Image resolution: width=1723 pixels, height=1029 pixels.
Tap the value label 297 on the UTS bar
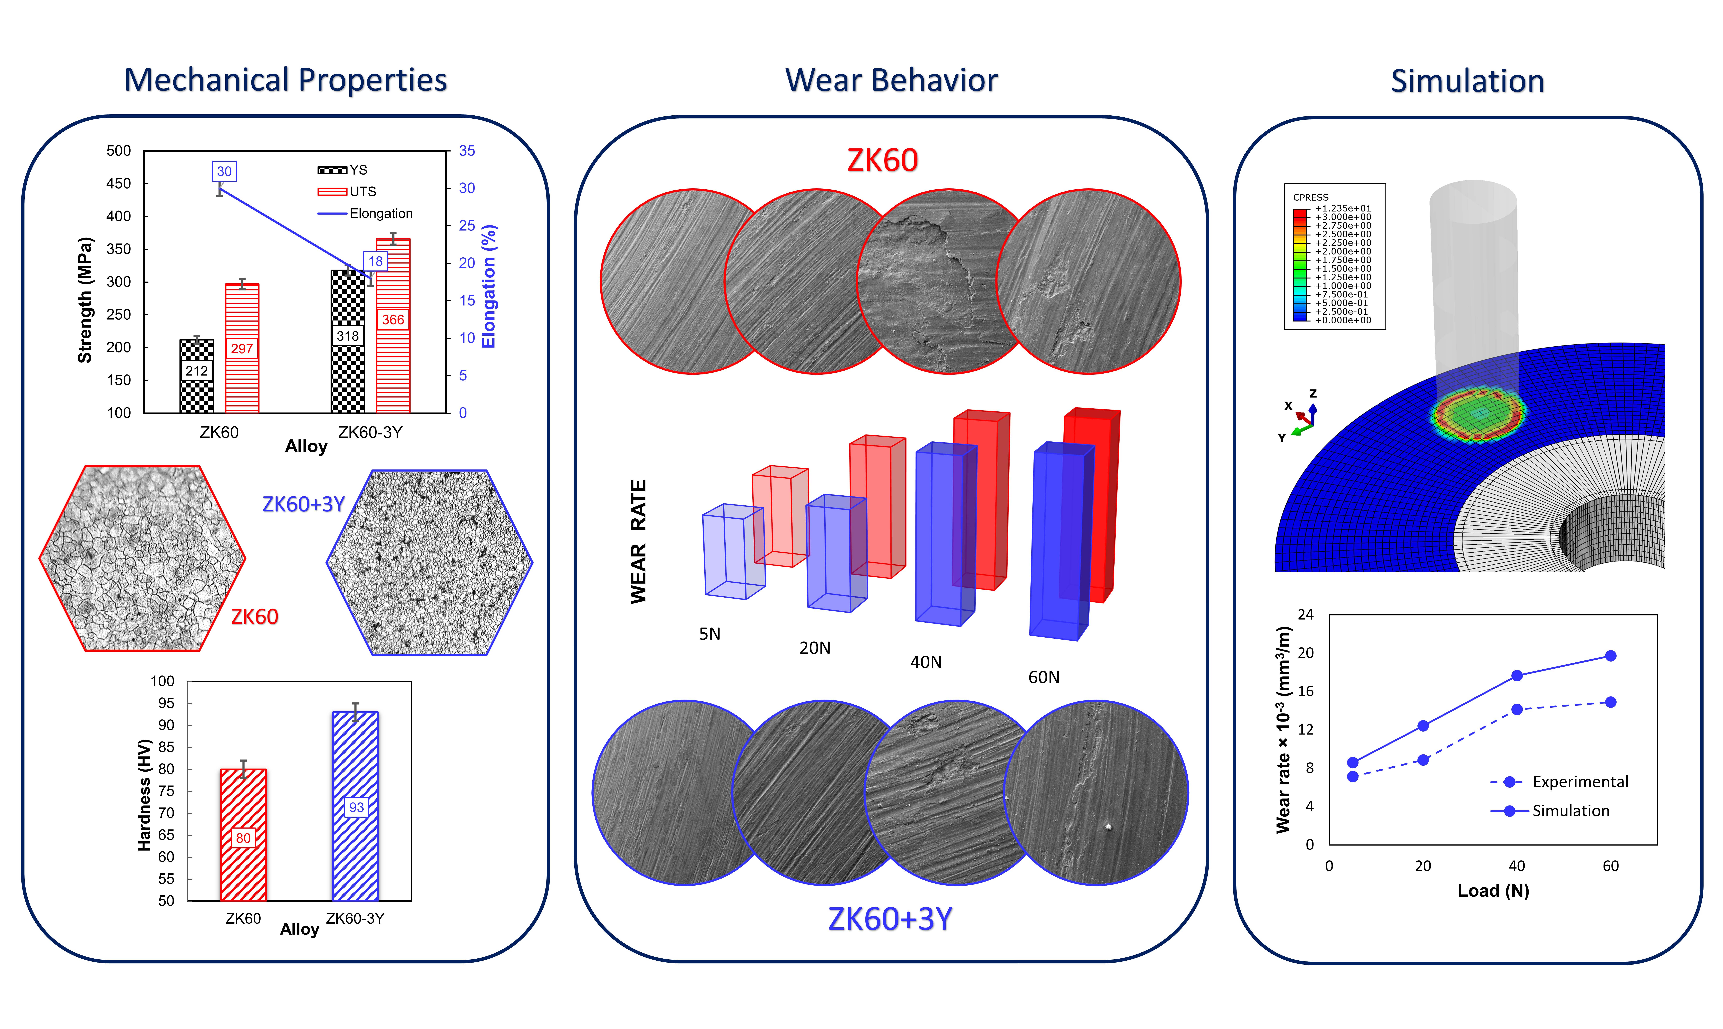242,348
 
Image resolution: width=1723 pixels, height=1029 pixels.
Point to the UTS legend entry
346,191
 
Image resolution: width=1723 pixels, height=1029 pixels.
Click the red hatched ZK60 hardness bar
243,835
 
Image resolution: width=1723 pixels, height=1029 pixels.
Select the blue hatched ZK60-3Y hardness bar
356,806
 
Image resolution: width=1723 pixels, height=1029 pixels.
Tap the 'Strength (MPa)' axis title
84,300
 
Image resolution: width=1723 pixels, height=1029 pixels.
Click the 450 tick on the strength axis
119,183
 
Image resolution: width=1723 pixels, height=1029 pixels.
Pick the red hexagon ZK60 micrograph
142,558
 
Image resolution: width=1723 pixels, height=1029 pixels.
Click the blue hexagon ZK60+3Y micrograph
430,562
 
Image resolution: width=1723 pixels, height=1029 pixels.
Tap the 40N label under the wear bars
926,662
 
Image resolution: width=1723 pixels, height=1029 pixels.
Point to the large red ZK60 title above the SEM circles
882,160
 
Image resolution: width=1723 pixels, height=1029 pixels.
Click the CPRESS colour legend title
1311,197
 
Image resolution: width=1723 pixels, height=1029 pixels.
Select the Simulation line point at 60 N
1611,656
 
